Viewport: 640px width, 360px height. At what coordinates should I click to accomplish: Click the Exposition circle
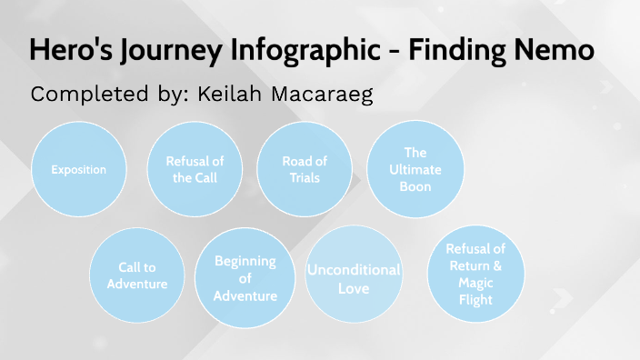point(78,170)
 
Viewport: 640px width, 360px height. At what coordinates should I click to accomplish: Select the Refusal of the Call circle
point(195,169)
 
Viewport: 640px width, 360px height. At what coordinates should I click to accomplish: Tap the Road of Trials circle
point(304,169)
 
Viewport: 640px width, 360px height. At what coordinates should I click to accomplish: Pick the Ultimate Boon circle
point(415,169)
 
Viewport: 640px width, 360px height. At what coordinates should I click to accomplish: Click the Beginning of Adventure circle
point(245,278)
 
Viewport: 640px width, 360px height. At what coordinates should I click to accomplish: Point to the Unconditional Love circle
point(354,278)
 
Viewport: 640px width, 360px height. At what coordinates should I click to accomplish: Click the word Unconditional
point(354,270)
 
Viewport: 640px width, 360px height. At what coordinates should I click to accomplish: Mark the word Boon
point(415,186)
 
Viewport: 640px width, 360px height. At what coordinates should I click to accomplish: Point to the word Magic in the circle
point(475,283)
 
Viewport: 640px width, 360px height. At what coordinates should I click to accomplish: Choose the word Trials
point(305,178)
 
